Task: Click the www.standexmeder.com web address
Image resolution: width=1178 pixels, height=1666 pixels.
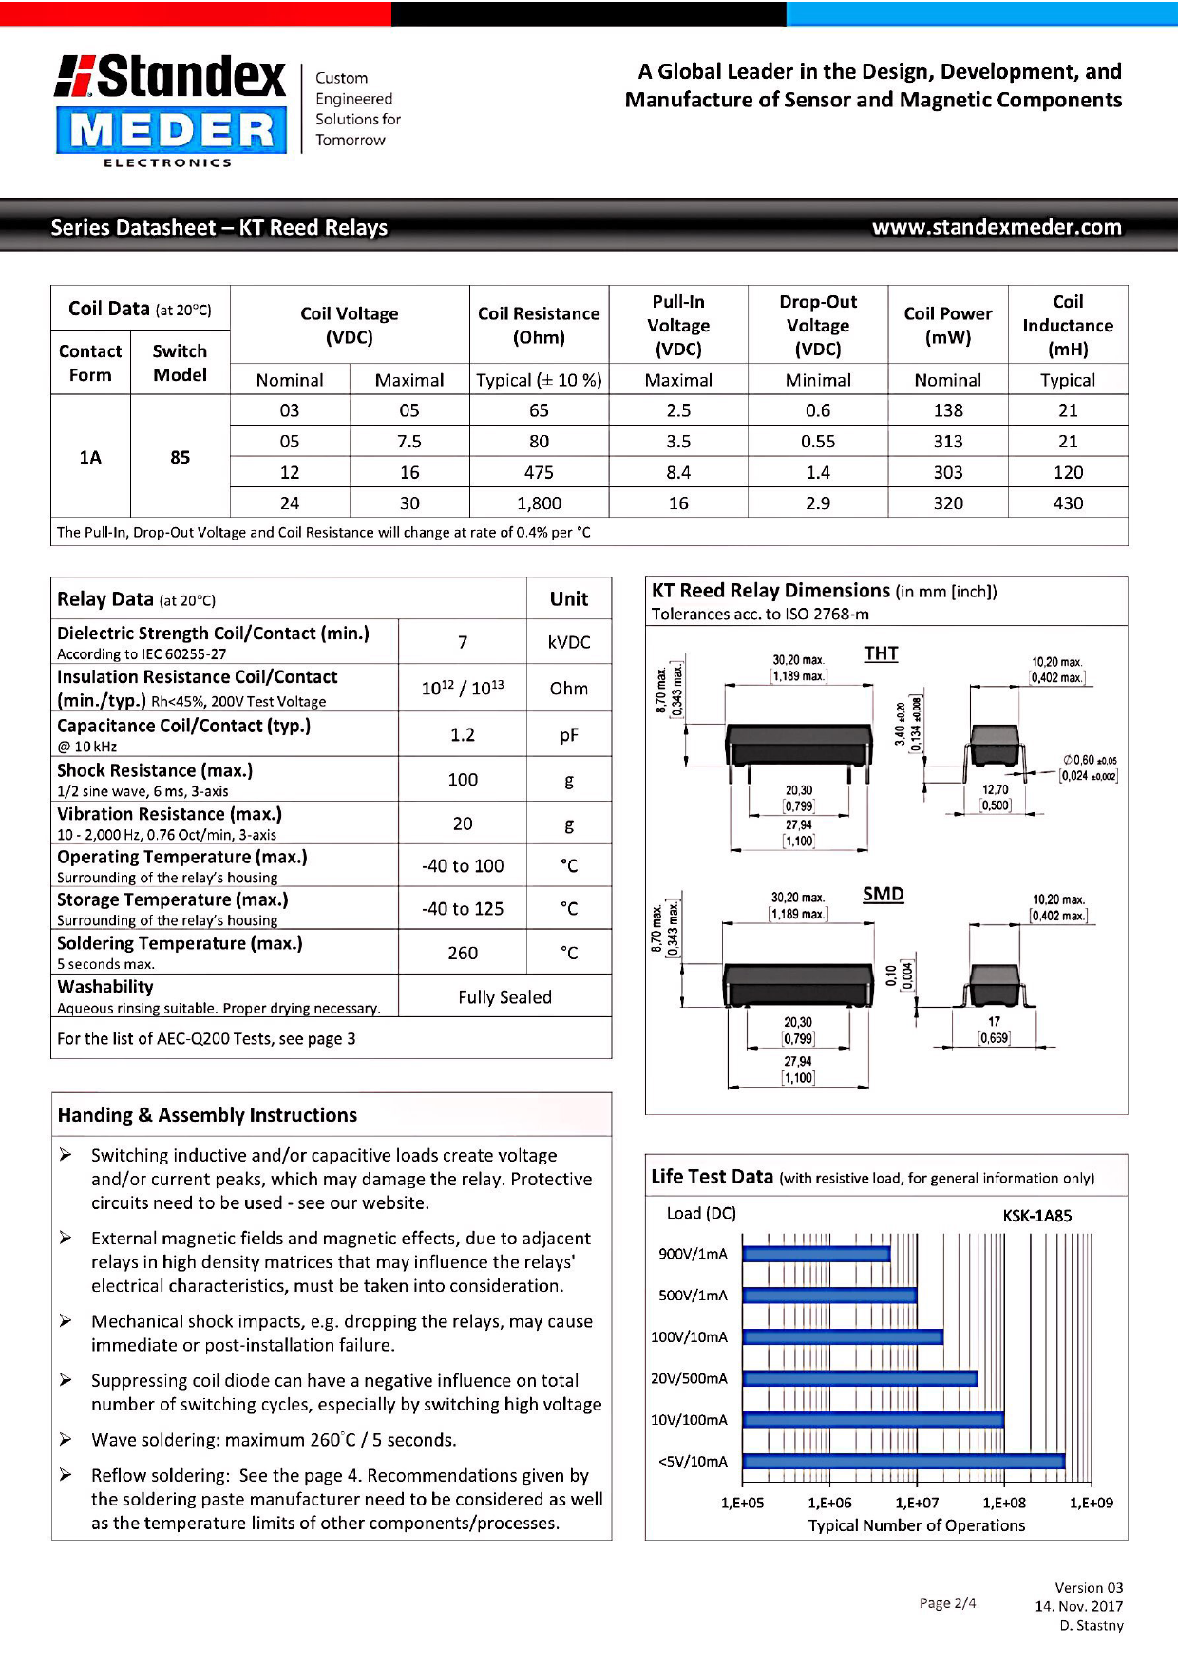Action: point(997,227)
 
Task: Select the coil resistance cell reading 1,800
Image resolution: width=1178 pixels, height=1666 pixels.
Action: point(539,503)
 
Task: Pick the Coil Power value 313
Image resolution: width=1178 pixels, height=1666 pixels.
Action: point(947,442)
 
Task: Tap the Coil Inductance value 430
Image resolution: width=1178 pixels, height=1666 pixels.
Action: point(1068,503)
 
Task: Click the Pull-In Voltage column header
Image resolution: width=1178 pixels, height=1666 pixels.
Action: point(678,325)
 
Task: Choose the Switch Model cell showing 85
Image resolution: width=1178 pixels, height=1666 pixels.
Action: point(180,457)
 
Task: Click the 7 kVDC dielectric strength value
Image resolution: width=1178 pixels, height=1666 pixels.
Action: point(463,642)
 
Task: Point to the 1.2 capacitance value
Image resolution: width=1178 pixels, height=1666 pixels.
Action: point(463,735)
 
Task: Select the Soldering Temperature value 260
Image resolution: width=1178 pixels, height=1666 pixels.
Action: point(463,953)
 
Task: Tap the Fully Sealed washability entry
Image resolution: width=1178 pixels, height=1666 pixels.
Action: point(504,997)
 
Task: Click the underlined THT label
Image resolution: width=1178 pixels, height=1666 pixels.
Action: point(881,653)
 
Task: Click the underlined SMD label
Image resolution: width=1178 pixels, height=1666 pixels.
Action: point(883,895)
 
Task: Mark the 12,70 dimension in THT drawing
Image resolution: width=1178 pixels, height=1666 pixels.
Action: point(995,790)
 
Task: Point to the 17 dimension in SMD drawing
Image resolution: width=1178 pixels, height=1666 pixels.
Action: point(994,1022)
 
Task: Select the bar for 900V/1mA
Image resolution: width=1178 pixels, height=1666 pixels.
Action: point(816,1255)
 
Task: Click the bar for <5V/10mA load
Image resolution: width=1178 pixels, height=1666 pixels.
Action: point(903,1462)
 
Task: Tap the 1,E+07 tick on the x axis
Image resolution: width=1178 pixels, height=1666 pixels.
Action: point(917,1503)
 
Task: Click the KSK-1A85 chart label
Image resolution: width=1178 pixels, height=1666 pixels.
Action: point(1036,1216)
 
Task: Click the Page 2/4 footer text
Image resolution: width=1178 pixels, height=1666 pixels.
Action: point(947,1603)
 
